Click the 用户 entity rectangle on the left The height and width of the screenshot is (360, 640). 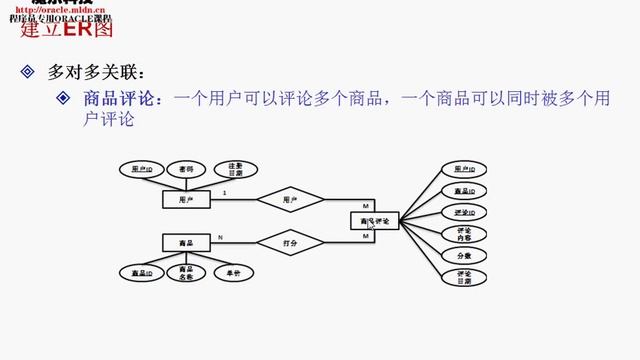click(x=185, y=200)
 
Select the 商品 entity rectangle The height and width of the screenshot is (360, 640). click(x=185, y=241)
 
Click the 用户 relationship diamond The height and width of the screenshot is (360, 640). click(x=291, y=200)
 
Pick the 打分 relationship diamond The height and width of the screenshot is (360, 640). click(x=291, y=241)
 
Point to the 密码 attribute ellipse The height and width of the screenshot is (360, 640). click(x=187, y=169)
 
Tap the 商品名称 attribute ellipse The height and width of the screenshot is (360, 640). click(x=186, y=272)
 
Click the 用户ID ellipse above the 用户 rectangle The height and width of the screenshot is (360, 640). click(x=140, y=169)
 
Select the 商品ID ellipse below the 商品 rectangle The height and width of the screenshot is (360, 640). click(x=140, y=272)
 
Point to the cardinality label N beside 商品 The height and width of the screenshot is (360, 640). click(x=221, y=236)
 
